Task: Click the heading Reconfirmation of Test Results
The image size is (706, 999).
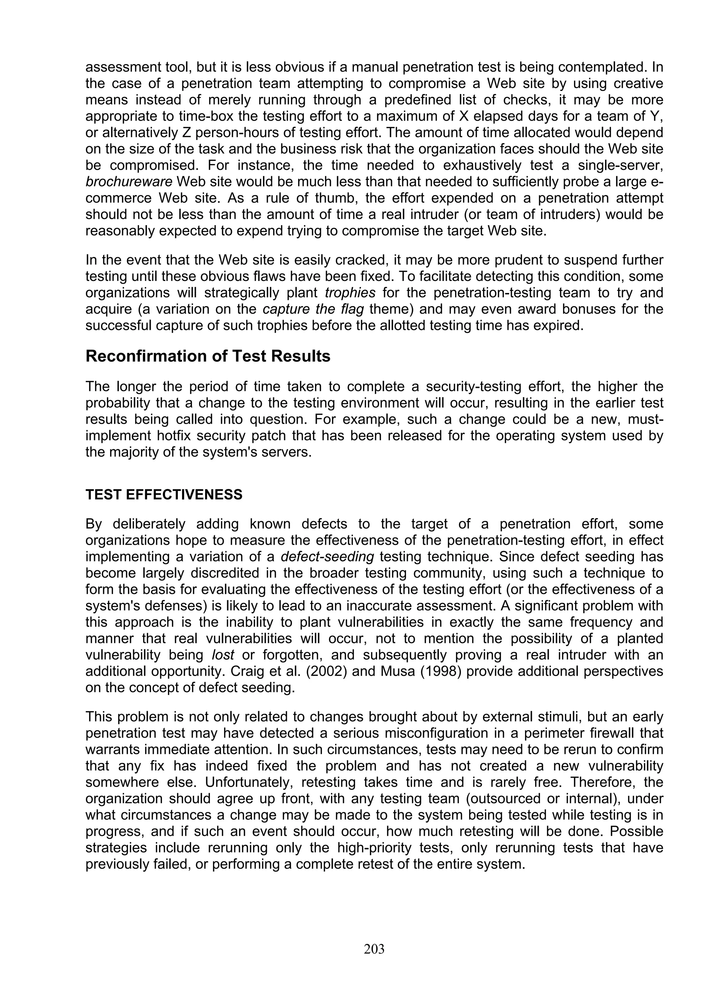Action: [x=208, y=356]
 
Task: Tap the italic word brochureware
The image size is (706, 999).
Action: [x=129, y=181]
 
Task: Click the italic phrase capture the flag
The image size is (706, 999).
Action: [x=313, y=309]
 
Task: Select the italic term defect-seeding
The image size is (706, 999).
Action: [x=327, y=556]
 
